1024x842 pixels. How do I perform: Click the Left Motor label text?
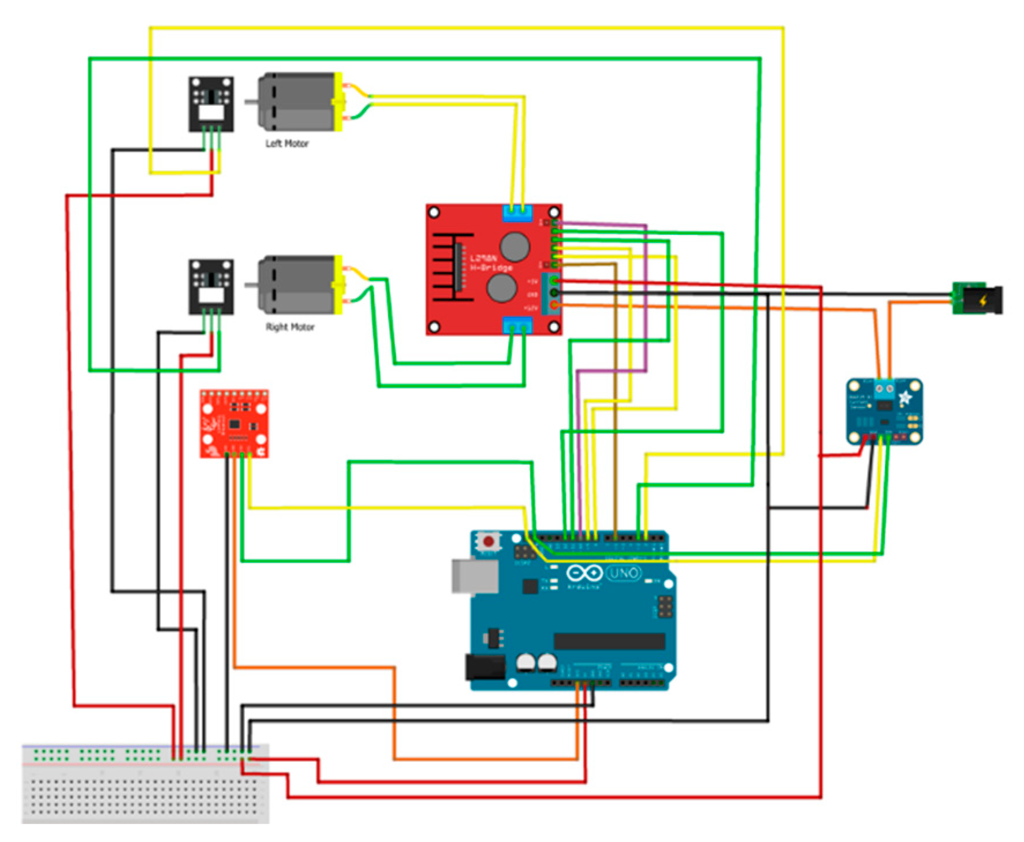(286, 143)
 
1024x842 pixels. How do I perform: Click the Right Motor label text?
(290, 327)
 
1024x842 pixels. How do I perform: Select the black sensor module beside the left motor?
(211, 104)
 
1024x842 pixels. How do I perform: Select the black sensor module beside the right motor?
(211, 287)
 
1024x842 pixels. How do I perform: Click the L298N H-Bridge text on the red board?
(490, 263)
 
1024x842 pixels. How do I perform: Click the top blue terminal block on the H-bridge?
(517, 214)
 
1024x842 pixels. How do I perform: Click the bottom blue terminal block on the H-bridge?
(517, 326)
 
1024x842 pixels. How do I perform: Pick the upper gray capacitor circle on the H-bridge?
(514, 246)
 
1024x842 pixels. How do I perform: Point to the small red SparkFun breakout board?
(234, 424)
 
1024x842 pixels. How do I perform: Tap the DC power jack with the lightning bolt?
(978, 299)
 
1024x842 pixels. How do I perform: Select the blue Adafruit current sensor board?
(884, 411)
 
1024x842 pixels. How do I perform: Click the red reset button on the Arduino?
(489, 541)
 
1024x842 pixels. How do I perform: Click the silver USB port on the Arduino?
(474, 575)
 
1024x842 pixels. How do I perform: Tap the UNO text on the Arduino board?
(623, 573)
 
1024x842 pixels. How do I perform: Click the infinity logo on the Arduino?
(584, 573)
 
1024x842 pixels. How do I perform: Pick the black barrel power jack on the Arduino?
(485, 667)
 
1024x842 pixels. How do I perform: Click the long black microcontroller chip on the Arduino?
(609, 641)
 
